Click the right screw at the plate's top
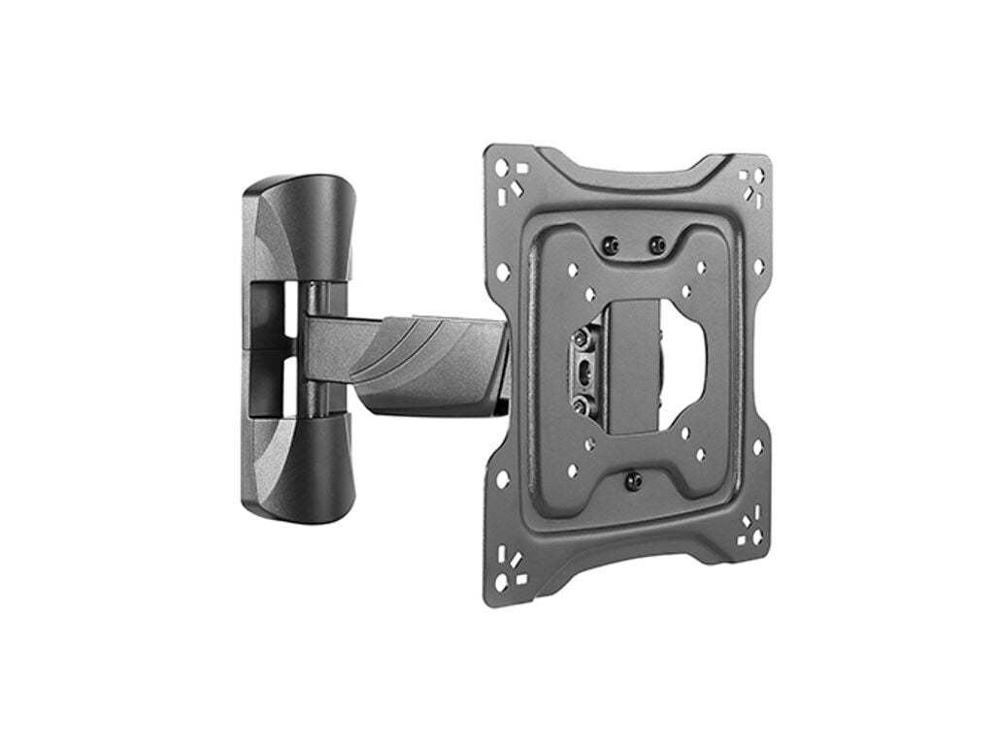click(657, 244)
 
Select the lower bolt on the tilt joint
click(582, 405)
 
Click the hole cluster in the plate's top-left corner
click(509, 180)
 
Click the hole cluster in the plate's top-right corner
click(751, 184)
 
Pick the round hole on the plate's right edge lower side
click(757, 449)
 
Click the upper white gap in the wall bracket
click(289, 310)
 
